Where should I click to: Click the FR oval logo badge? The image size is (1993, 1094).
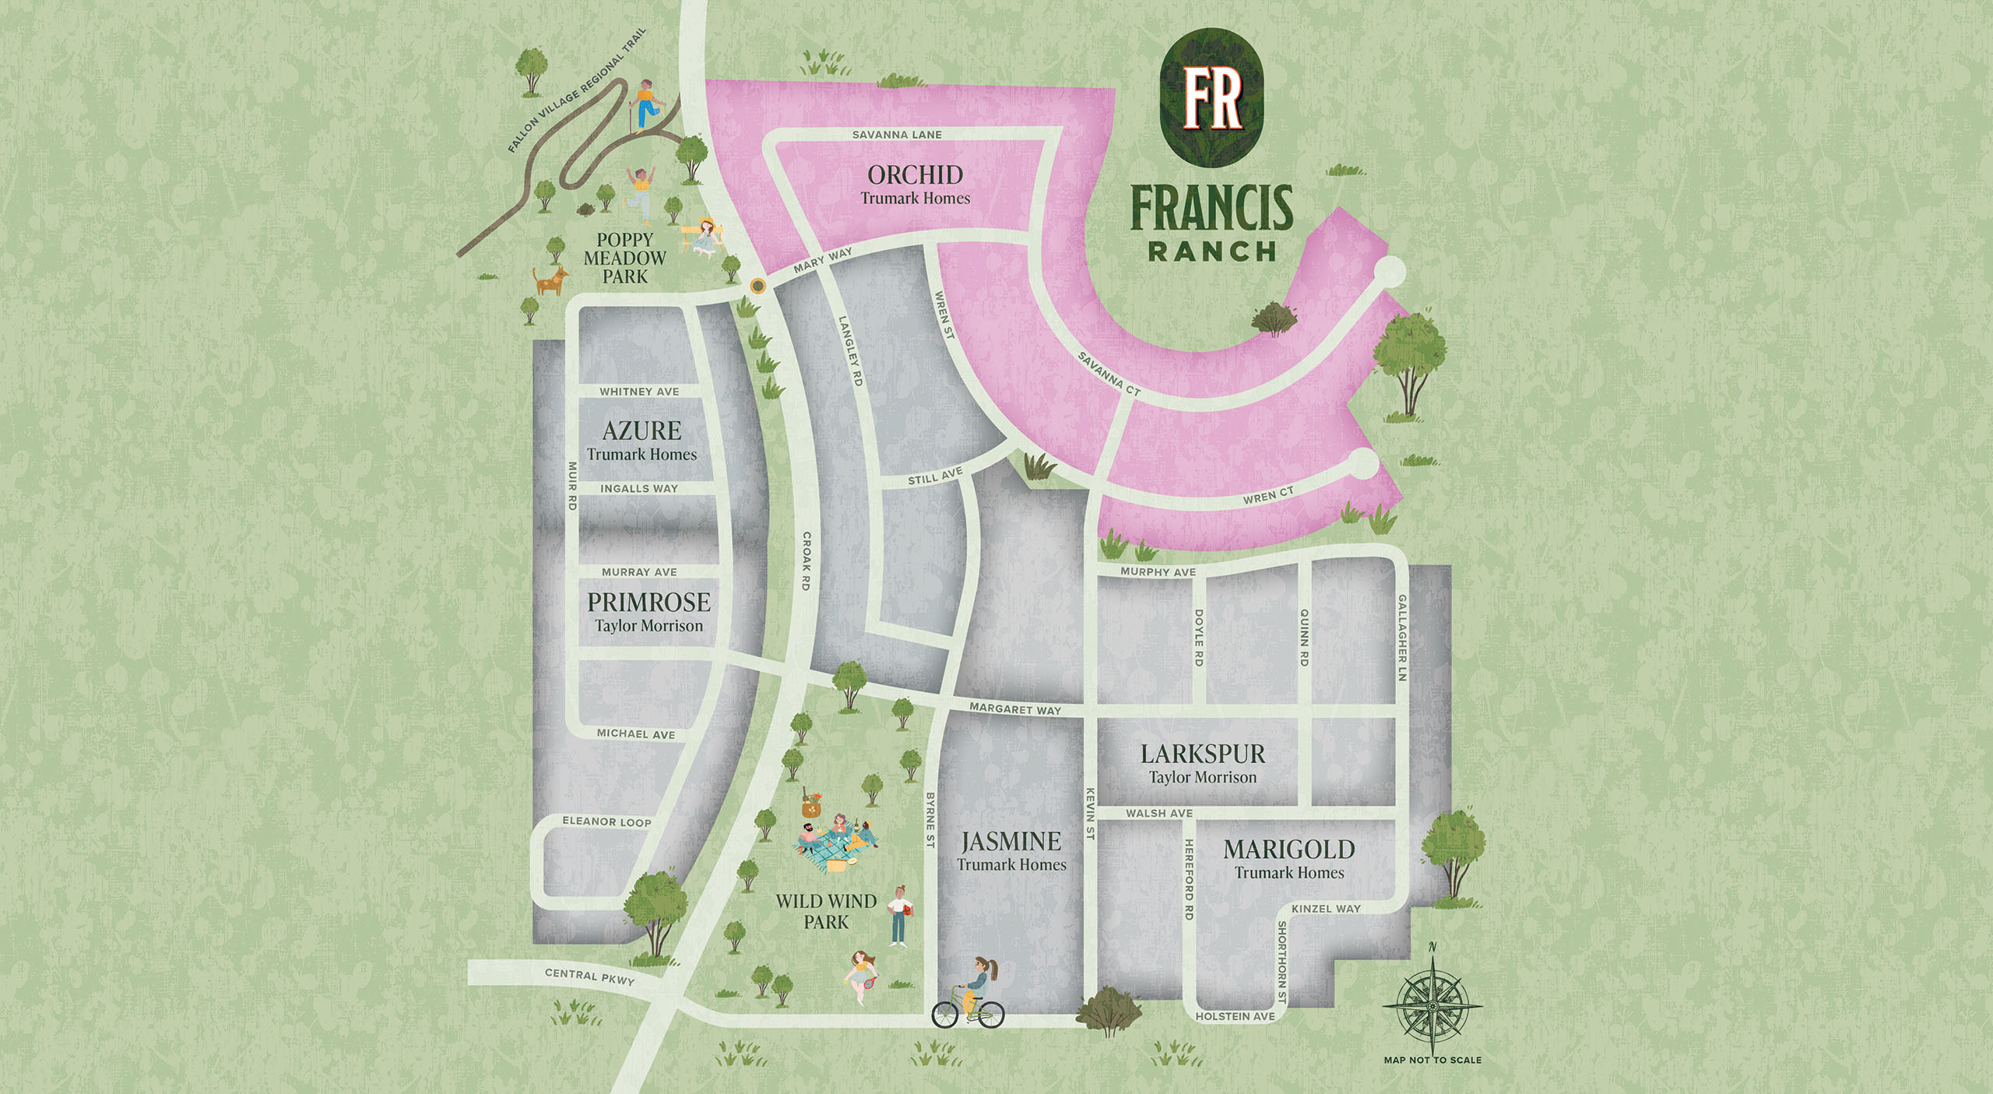(x=1211, y=97)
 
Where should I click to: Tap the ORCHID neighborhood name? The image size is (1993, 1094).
(x=915, y=175)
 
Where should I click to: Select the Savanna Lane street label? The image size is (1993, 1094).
(x=897, y=135)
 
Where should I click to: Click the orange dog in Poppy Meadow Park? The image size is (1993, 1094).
(x=550, y=280)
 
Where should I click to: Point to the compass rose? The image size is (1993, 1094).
(x=1432, y=1005)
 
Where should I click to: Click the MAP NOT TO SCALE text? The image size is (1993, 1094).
(x=1432, y=1060)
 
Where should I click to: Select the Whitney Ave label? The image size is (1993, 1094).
(x=639, y=392)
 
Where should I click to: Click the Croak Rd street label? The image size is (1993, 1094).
(x=807, y=561)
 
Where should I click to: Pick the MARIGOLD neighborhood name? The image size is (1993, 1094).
(x=1288, y=850)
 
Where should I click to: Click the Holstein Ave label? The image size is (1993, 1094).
(x=1235, y=1016)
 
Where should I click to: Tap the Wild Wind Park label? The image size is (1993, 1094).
(x=826, y=911)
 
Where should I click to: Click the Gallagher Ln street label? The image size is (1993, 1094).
(x=1401, y=638)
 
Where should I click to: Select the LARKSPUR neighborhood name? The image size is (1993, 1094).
(x=1203, y=754)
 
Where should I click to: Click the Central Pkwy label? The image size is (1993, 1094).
(x=589, y=976)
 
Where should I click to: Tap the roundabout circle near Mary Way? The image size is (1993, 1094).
(x=757, y=286)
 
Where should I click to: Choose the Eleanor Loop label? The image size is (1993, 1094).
(x=606, y=821)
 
